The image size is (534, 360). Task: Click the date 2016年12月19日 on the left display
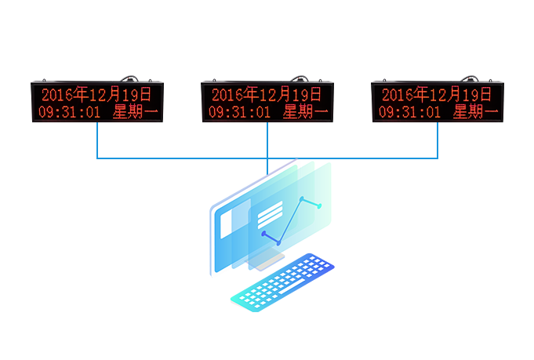(97, 95)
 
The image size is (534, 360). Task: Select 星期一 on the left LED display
(136, 112)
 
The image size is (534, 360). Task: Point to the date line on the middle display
(267, 95)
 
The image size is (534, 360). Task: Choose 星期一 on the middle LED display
(306, 112)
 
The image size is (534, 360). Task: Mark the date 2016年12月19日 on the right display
(438, 95)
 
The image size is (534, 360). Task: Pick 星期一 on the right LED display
(476, 112)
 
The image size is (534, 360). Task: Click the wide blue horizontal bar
(267, 141)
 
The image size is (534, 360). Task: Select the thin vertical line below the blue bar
(267, 166)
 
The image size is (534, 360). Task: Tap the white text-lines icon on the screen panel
(270, 213)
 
